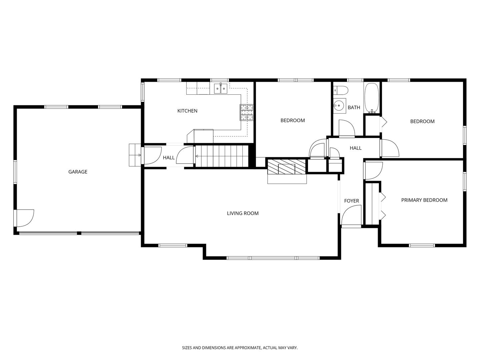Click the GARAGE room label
(x=78, y=172)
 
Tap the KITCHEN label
(x=187, y=111)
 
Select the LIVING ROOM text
(x=243, y=213)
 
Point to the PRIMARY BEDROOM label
(x=424, y=200)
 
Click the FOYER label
(x=351, y=201)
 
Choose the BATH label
(x=354, y=108)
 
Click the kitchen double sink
(x=221, y=89)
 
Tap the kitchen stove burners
(x=247, y=112)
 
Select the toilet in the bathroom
(x=340, y=90)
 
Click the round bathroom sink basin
(x=339, y=106)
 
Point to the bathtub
(x=372, y=98)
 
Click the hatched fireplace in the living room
(x=286, y=167)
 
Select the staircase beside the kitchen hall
(x=222, y=156)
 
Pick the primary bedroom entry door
(x=373, y=171)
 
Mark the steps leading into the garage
(x=135, y=155)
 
